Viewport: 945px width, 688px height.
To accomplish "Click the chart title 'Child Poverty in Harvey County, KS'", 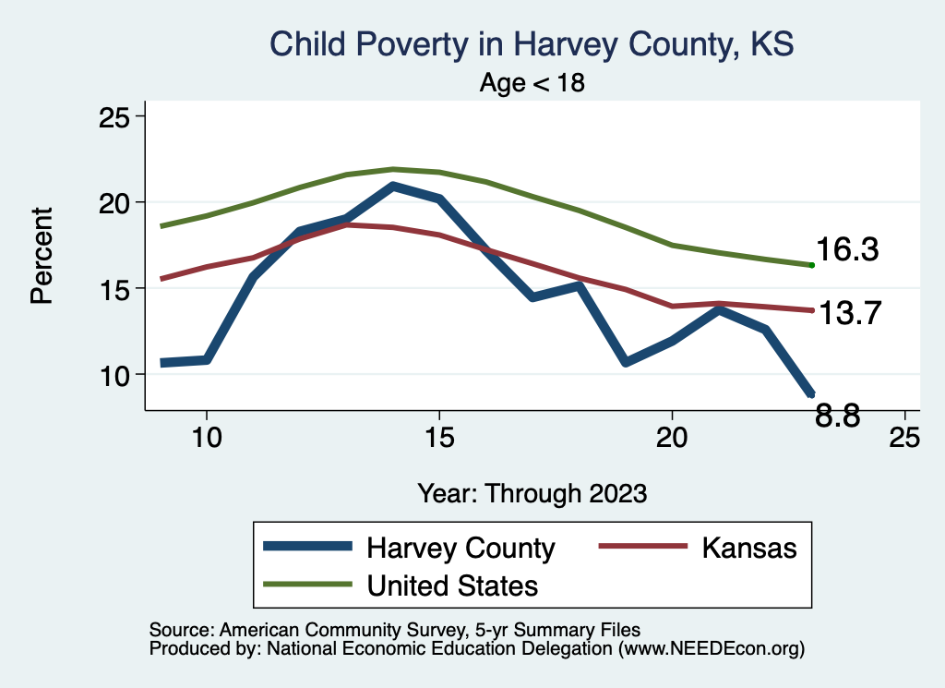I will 531,43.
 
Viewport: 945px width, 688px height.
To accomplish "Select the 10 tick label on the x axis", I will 206,437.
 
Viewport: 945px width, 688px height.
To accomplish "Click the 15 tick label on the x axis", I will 438,437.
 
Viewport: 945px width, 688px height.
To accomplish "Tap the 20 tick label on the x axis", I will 671,437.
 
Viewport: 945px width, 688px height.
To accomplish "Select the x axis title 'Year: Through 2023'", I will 532,492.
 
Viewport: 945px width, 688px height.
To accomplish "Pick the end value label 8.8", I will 838,417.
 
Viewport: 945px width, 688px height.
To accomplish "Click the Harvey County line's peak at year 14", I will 393,186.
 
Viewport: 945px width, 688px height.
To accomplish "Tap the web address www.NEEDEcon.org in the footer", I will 711,649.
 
